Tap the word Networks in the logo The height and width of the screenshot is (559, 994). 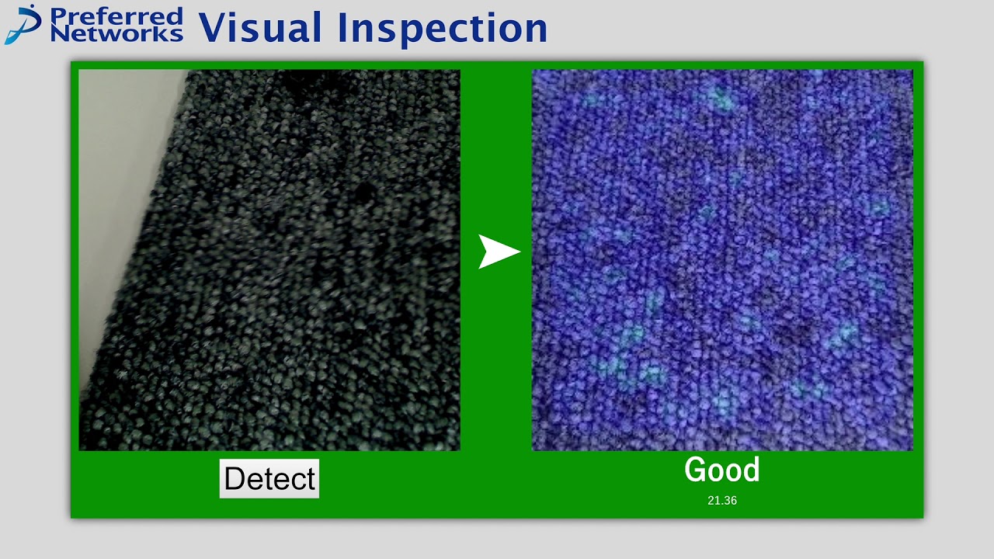click(116, 33)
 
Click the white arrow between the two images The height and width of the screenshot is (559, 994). click(498, 252)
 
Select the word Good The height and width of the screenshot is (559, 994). click(721, 470)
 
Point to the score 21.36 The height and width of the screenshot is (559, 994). click(721, 501)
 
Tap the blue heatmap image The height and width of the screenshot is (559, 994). click(721, 260)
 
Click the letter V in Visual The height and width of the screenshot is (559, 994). click(214, 27)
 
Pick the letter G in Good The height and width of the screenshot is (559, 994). click(695, 470)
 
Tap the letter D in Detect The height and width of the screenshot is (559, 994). click(235, 478)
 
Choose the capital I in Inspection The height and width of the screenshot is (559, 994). click(342, 27)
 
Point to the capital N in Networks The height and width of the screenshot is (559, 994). click(59, 33)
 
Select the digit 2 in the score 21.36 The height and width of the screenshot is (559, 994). click(711, 501)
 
